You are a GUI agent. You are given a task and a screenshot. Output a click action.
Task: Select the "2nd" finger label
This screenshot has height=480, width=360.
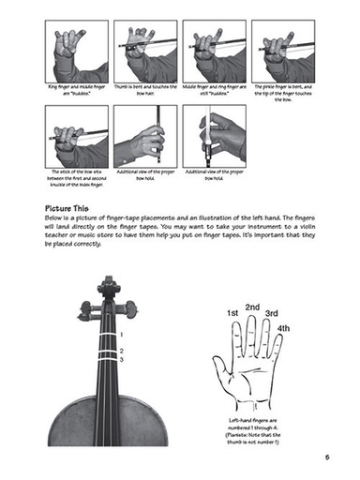(x=252, y=307)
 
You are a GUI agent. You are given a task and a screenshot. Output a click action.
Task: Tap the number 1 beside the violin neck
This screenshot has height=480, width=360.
(x=122, y=334)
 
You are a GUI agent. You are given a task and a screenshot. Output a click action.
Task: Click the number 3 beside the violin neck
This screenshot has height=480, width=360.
(x=122, y=357)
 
